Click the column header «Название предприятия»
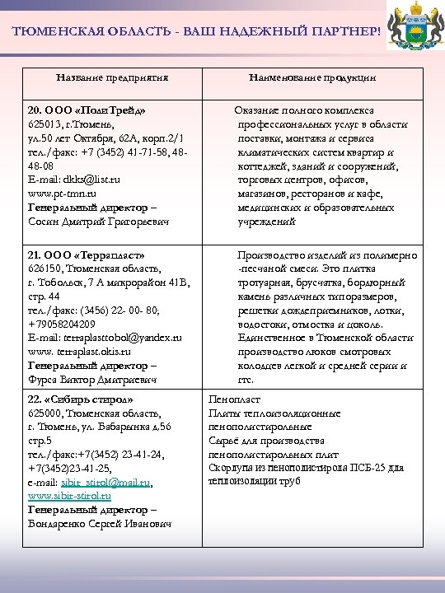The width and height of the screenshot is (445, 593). click(x=112, y=77)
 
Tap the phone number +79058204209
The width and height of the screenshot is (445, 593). click(x=67, y=325)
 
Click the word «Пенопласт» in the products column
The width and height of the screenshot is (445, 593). click(x=235, y=399)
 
